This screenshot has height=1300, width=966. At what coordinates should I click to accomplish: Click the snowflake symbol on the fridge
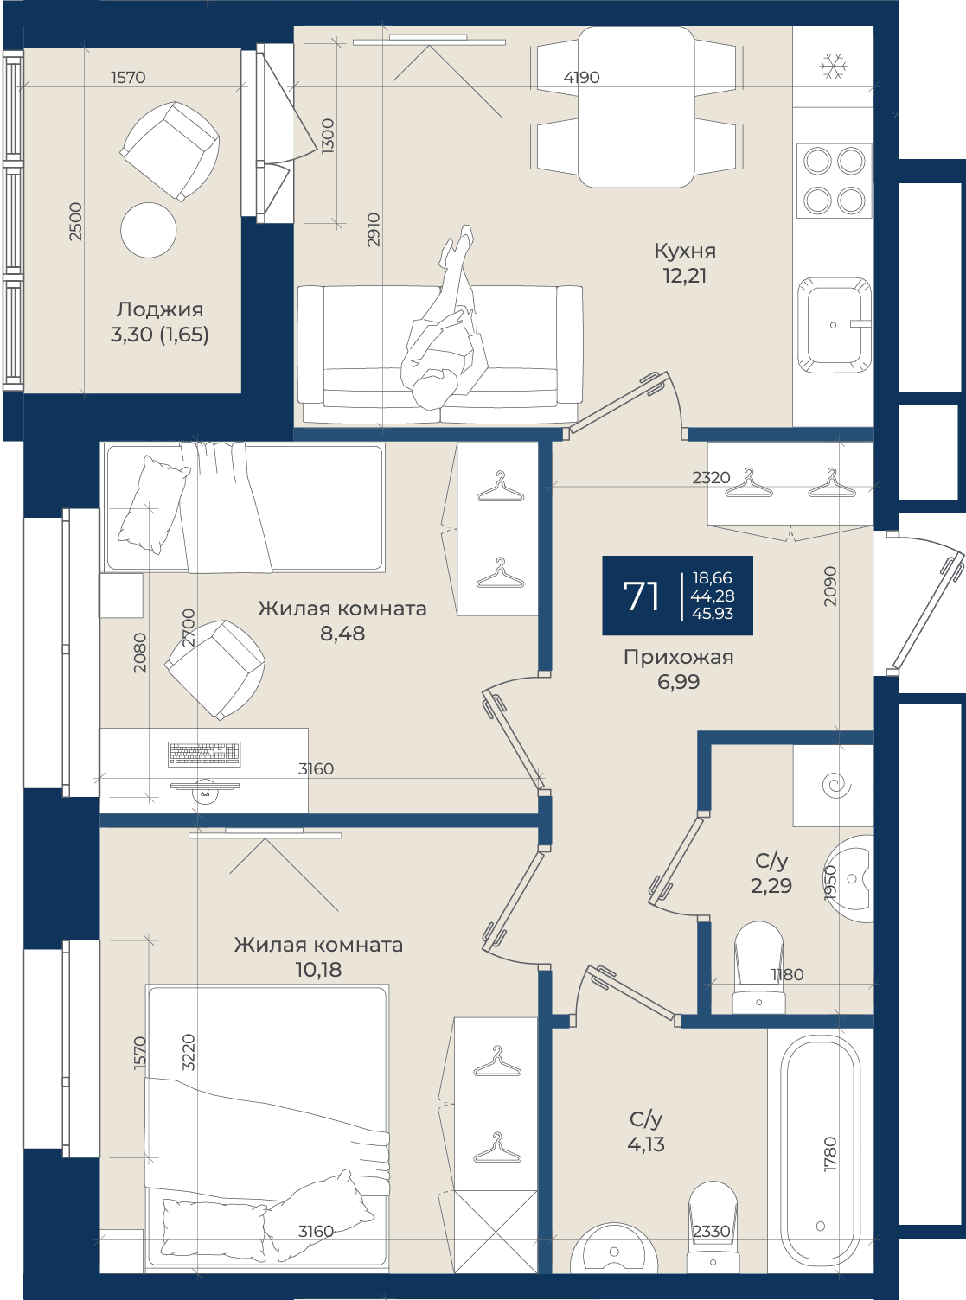pyautogui.click(x=833, y=67)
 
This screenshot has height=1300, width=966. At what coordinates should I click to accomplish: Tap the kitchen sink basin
pyautogui.click(x=834, y=325)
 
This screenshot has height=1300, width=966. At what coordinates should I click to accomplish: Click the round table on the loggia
pyautogui.click(x=149, y=230)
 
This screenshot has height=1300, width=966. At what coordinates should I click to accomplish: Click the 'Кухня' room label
pyautogui.click(x=684, y=251)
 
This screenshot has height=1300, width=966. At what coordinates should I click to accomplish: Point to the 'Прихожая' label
pyautogui.click(x=678, y=657)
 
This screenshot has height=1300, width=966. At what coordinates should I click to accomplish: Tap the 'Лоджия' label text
pyautogui.click(x=159, y=309)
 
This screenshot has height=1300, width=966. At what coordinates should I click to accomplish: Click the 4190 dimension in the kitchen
pyautogui.click(x=581, y=78)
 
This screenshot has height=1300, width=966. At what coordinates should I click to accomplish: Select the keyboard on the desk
pyautogui.click(x=204, y=754)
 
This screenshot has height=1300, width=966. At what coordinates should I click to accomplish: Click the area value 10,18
pyautogui.click(x=318, y=970)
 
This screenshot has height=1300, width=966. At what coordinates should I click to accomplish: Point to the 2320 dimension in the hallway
pyautogui.click(x=711, y=478)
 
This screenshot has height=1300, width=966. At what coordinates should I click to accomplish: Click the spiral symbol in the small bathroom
pyautogui.click(x=836, y=785)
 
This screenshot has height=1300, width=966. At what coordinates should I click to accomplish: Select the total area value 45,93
pyautogui.click(x=712, y=614)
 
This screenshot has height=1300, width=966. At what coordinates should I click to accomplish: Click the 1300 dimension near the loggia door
pyautogui.click(x=328, y=136)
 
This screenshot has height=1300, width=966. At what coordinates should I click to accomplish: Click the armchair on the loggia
pyautogui.click(x=170, y=151)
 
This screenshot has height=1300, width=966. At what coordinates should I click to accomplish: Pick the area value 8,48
pyautogui.click(x=342, y=634)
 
